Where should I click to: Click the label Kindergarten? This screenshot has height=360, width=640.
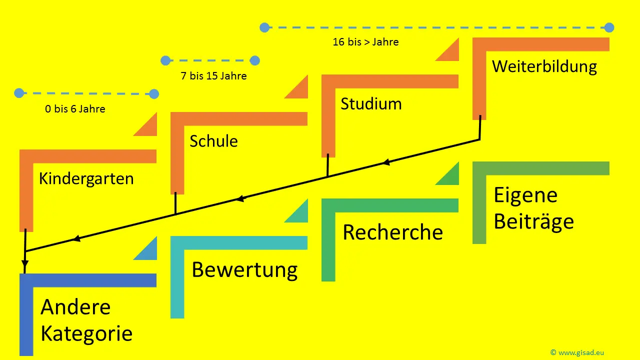click(86, 178)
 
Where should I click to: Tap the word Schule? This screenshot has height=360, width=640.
click(213, 141)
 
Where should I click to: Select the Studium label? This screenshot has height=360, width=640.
click(371, 104)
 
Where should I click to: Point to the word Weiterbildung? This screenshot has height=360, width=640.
click(544, 67)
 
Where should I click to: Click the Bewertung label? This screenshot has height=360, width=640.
click(244, 270)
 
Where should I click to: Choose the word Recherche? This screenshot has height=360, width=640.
click(392, 232)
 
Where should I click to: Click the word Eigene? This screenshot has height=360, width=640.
click(525, 195)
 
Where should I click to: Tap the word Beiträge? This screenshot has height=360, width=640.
click(533, 221)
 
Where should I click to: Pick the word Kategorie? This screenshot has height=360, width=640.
click(86, 333)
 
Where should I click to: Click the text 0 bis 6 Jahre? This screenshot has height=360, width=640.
click(75, 109)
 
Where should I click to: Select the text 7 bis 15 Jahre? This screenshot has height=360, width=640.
click(213, 76)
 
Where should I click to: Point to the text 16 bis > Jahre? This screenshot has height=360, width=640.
click(365, 42)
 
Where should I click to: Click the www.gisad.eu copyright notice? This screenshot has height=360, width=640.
click(577, 352)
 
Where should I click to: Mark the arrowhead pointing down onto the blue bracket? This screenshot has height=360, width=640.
click(25, 264)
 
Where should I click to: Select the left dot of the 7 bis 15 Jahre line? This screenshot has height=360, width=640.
click(165, 61)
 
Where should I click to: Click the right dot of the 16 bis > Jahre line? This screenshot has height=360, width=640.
click(609, 27)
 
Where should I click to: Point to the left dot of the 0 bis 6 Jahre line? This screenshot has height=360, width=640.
click(19, 93)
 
